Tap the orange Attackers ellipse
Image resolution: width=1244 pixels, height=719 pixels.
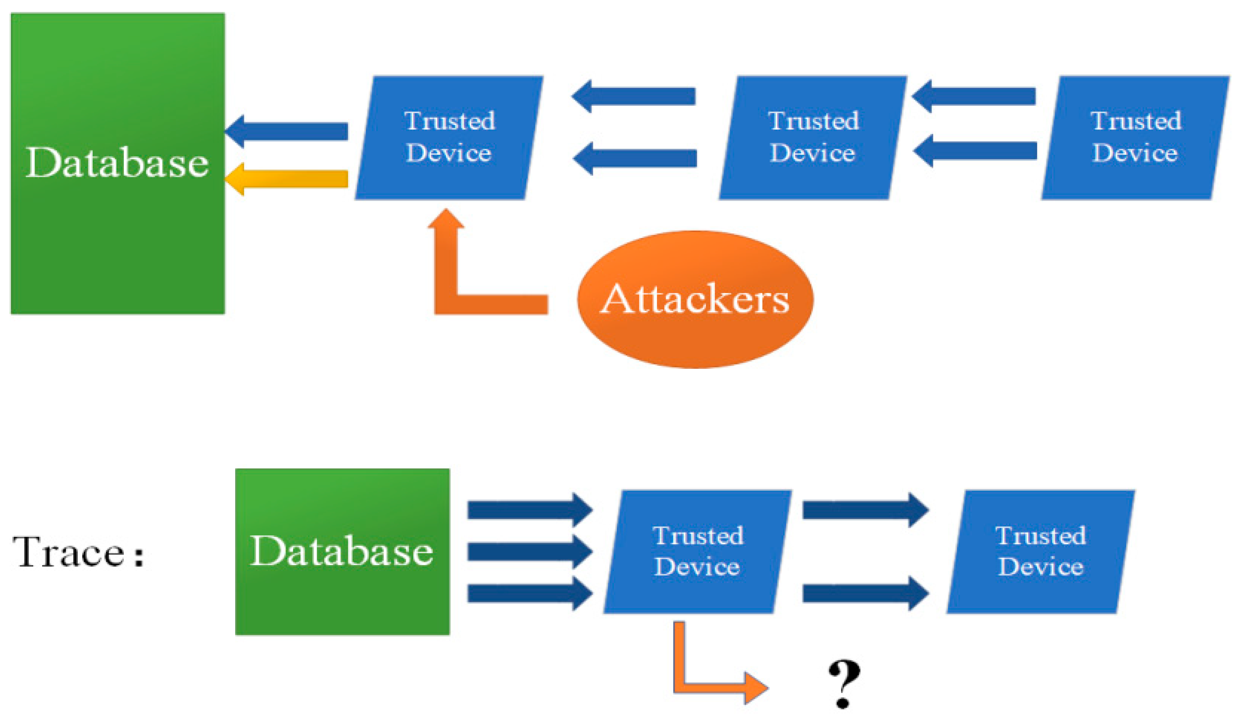(x=695, y=299)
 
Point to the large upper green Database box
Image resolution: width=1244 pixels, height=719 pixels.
(x=117, y=163)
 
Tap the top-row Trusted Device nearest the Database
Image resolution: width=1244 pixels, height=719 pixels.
(x=449, y=137)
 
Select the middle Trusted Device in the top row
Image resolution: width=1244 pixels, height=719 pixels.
(x=813, y=137)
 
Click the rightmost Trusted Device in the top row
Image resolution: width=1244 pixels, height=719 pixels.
(x=1135, y=137)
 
